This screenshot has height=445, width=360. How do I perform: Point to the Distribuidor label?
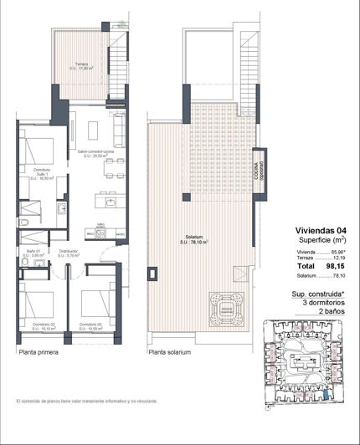point(69,252)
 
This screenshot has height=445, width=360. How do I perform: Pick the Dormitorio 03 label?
point(90,325)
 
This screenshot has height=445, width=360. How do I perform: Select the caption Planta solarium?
point(170,353)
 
